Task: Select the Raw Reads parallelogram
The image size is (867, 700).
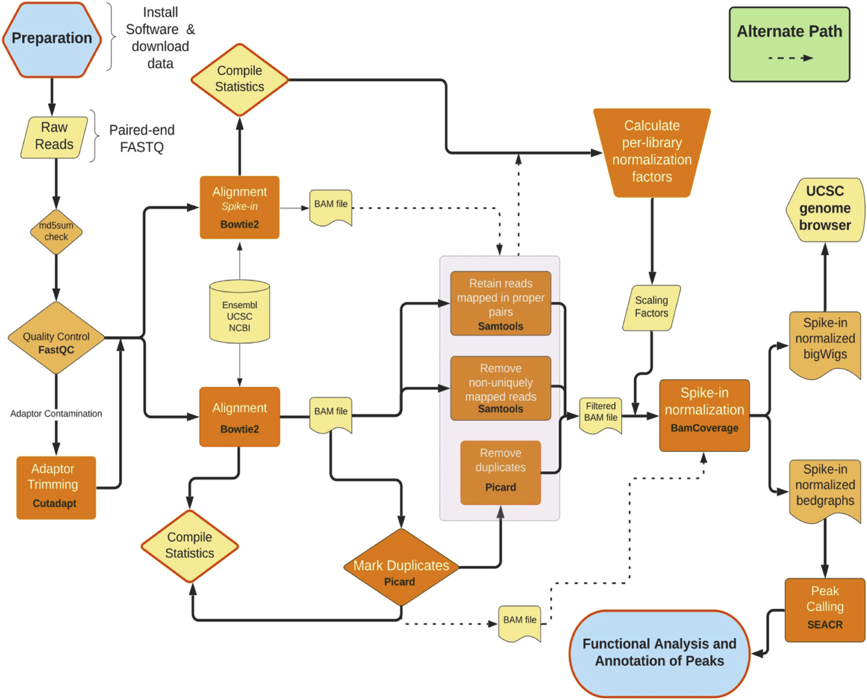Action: click(54, 137)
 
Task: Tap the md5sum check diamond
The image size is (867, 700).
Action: click(56, 231)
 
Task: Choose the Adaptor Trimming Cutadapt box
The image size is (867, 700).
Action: click(56, 487)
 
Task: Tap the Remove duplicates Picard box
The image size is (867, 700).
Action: click(500, 472)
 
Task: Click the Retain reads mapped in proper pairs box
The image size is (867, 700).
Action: click(500, 303)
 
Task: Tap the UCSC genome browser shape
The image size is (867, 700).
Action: click(825, 209)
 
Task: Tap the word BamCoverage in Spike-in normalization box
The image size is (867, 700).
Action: click(704, 428)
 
